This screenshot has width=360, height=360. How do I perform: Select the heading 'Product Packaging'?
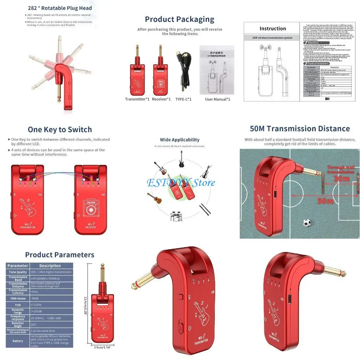179,19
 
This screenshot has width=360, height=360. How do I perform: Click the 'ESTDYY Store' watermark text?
180,182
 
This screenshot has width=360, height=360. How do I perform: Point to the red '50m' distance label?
325,201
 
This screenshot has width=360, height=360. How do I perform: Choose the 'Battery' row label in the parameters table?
18,341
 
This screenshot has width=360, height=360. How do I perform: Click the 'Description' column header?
50,266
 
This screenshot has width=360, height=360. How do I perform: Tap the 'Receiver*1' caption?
161,99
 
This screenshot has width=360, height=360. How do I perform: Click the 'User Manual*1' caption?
218,99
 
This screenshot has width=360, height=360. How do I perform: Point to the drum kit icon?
176,216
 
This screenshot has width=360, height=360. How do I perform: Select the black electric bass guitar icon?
182,159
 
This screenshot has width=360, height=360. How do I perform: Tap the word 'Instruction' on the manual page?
273,28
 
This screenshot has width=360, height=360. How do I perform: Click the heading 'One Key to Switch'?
60,129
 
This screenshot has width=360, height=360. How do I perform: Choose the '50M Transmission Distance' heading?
300,129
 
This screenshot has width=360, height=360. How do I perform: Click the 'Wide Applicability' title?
180,140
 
